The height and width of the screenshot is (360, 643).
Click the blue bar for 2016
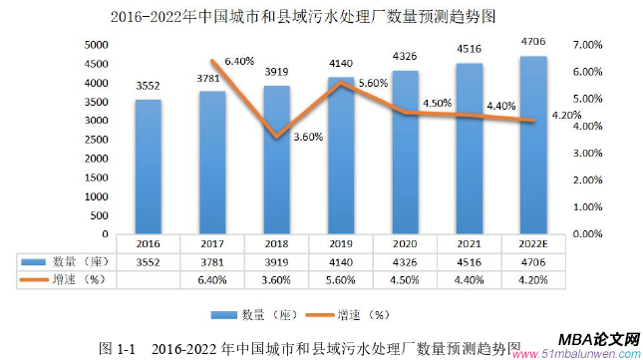coord(149,166)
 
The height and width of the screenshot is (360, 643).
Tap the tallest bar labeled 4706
coord(534,144)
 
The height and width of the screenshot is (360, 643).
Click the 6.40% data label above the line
coord(241,62)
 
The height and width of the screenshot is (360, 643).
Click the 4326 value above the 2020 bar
coord(405,56)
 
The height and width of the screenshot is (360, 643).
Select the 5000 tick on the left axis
coord(96,45)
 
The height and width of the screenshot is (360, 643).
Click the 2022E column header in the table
coord(534,242)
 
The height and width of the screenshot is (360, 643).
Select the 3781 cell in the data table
coord(212,261)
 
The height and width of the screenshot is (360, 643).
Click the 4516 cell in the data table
coord(470,261)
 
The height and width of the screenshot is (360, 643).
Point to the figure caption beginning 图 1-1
coord(310,348)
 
